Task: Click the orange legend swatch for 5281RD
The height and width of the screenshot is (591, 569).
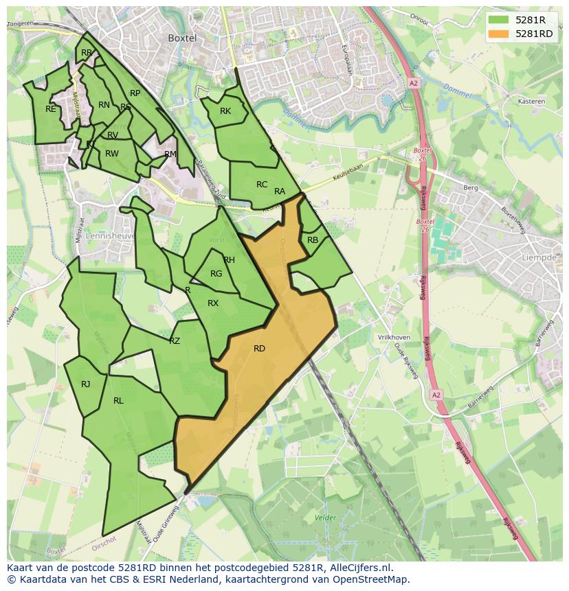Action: (499, 34)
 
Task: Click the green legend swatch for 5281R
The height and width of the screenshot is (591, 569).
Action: (499, 20)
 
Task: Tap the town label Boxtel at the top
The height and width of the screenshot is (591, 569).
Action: (182, 38)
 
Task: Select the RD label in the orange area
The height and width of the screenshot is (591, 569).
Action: (259, 349)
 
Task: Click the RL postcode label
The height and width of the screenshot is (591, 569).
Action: (118, 401)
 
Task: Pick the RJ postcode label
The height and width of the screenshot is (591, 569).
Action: (86, 384)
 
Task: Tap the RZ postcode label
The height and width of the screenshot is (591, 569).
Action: (175, 341)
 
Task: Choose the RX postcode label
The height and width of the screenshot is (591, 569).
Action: (213, 303)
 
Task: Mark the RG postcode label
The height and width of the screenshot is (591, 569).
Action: (216, 274)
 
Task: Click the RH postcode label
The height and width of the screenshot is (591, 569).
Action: (230, 260)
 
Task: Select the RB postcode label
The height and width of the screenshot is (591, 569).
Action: (313, 240)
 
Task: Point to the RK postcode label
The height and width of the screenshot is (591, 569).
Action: (225, 111)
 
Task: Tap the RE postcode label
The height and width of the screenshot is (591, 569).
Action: (51, 109)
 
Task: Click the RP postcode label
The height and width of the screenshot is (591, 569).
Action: (135, 93)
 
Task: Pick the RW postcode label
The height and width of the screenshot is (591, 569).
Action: (112, 154)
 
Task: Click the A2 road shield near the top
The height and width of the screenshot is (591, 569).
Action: (413, 82)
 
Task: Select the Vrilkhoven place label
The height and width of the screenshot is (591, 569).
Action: (394, 338)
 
